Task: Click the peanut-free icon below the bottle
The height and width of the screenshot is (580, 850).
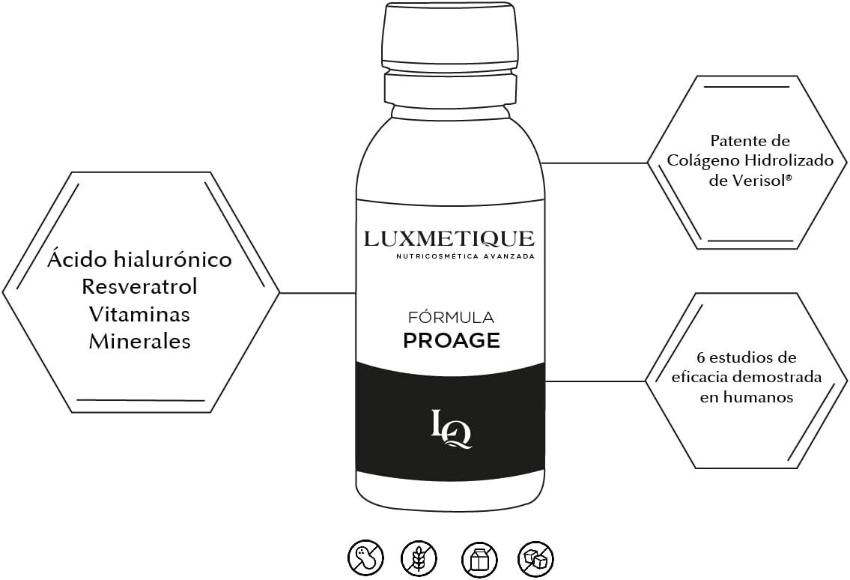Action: [365, 558]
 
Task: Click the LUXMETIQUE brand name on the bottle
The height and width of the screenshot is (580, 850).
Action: [449, 239]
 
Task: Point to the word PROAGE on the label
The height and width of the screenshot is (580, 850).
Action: [452, 341]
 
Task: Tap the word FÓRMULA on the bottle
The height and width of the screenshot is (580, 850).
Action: [451, 318]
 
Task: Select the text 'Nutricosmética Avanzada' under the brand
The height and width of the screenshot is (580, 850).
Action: [465, 257]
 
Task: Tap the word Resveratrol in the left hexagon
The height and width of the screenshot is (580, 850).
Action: [140, 287]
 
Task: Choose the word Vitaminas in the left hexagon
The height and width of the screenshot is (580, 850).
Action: [139, 314]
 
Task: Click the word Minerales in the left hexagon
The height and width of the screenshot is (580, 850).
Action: [140, 342]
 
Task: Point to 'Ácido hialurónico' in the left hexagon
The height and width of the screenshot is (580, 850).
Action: [140, 260]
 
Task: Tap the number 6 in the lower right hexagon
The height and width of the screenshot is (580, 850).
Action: [699, 357]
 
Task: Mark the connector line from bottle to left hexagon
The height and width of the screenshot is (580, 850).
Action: [317, 292]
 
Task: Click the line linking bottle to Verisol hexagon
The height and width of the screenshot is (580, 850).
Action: [595, 163]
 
